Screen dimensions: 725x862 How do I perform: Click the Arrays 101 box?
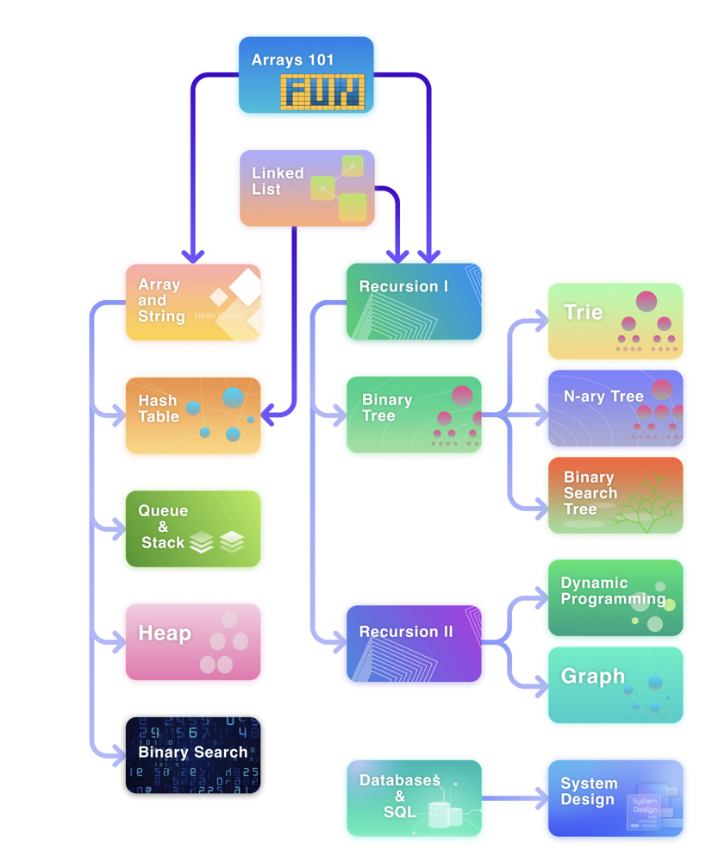pos(306,75)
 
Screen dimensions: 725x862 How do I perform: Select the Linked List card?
pos(307,188)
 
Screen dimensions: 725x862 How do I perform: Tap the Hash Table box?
pos(193,415)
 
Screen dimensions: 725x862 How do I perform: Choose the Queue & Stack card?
pos(193,529)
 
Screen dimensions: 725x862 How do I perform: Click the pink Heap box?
pos(193,642)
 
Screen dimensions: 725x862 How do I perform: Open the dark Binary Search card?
pos(193,755)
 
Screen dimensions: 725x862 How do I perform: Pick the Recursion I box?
pos(414,301)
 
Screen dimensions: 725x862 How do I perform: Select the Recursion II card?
pos(414,644)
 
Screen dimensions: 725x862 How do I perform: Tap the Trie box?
pos(616,321)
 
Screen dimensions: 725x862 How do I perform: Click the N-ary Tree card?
pos(616,408)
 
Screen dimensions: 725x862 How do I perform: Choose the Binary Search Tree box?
pos(616,496)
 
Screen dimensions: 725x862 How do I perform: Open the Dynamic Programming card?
pos(616,598)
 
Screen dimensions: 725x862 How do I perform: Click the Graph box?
pos(616,685)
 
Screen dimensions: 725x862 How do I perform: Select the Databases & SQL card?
pos(414,798)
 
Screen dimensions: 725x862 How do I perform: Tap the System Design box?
pos(616,798)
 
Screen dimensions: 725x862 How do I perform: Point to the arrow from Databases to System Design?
pos(515,798)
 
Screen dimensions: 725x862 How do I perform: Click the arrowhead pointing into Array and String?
pos(193,257)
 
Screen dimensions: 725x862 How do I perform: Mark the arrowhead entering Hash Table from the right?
pos(268,415)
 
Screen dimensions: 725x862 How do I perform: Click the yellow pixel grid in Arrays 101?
pos(322,92)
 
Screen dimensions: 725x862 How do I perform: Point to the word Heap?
pos(165,634)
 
